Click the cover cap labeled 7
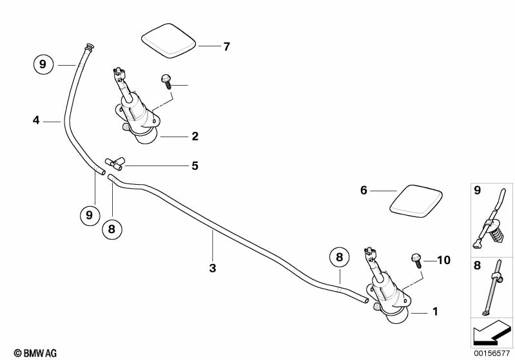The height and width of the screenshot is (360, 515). pos(168,41)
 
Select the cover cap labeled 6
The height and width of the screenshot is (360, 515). pos(416,201)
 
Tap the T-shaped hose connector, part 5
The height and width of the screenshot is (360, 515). pos(114,164)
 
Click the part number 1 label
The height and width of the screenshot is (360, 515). pos(435,312)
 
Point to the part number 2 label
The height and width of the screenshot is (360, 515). pos(195,136)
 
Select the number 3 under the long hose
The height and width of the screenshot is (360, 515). pos(213,268)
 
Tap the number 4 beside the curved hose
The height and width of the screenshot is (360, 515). pos(36,120)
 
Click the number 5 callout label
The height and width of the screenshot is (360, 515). pos(195,166)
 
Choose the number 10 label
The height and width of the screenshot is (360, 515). pos(443,260)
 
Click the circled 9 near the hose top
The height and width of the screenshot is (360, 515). pos(43,64)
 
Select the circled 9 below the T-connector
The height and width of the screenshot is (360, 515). pos(90,216)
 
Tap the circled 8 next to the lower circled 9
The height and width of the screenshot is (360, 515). pos(112,229)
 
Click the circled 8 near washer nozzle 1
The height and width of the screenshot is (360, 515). pos(339,258)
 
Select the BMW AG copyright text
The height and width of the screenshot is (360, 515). pos(35,353)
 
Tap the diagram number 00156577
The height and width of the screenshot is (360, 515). pos(492,354)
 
